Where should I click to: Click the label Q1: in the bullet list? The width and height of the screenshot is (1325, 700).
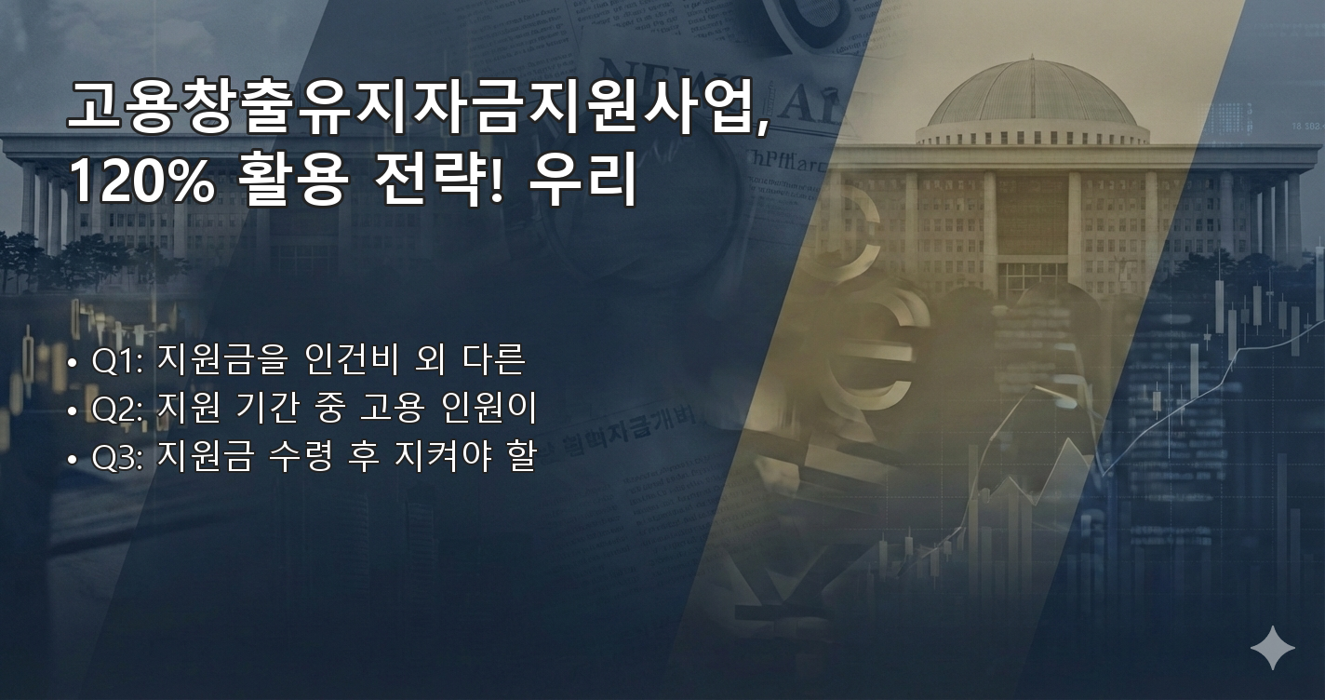116,359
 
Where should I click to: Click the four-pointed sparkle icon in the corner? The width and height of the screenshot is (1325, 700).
1272,647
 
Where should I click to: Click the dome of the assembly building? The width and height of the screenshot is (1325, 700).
1033,98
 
